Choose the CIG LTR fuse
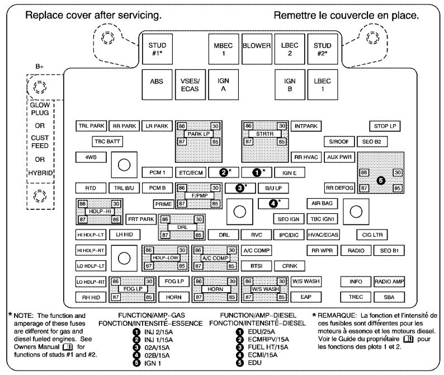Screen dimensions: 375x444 click(x=375, y=235)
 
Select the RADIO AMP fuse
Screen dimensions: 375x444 click(x=389, y=282)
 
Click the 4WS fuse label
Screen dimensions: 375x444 click(x=91, y=157)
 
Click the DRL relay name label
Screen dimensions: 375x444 click(x=182, y=227)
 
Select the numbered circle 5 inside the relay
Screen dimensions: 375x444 click(x=381, y=180)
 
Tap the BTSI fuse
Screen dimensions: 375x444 click(x=257, y=266)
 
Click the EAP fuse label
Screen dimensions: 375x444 click(x=305, y=297)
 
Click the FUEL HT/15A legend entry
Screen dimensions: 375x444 click(x=262, y=348)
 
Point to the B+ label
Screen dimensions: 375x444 click(x=40, y=66)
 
